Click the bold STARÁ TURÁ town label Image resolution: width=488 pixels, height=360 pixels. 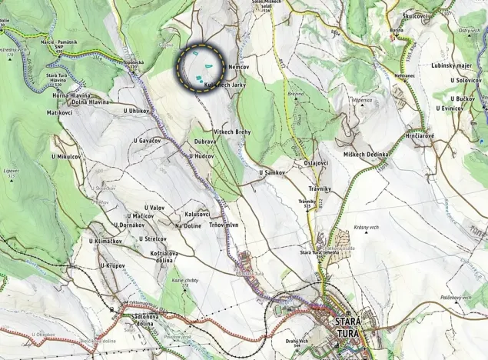347,327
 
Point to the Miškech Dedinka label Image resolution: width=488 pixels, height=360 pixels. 367,155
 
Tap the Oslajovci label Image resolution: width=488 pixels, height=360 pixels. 316,163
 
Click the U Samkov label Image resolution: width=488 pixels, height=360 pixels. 272,172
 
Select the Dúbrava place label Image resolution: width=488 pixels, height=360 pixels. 204,142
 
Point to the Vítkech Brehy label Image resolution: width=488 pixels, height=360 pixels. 232,132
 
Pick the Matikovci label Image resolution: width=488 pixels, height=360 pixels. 58,112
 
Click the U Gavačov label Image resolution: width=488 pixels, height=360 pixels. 147,141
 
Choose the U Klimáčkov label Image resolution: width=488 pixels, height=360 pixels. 105,242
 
